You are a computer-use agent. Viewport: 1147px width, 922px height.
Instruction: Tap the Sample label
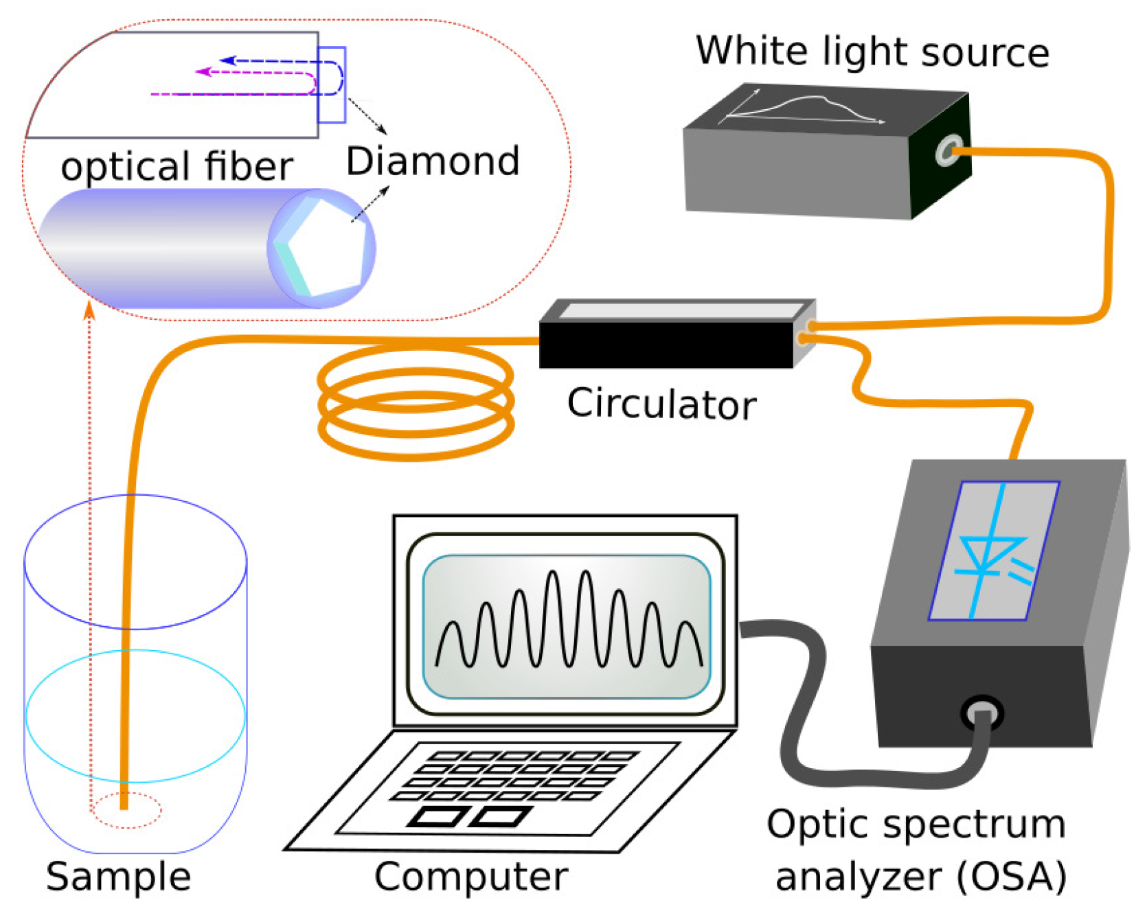click(x=118, y=877)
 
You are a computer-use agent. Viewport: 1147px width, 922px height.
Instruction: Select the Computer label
click(x=470, y=877)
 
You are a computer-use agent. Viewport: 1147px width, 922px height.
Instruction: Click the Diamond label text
click(x=432, y=161)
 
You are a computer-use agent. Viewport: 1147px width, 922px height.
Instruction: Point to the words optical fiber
click(x=177, y=167)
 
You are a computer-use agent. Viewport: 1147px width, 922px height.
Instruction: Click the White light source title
click(x=872, y=51)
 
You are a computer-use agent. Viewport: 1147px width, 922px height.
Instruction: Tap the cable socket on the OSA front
click(x=982, y=714)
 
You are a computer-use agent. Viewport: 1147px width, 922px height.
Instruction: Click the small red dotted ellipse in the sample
click(x=126, y=811)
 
